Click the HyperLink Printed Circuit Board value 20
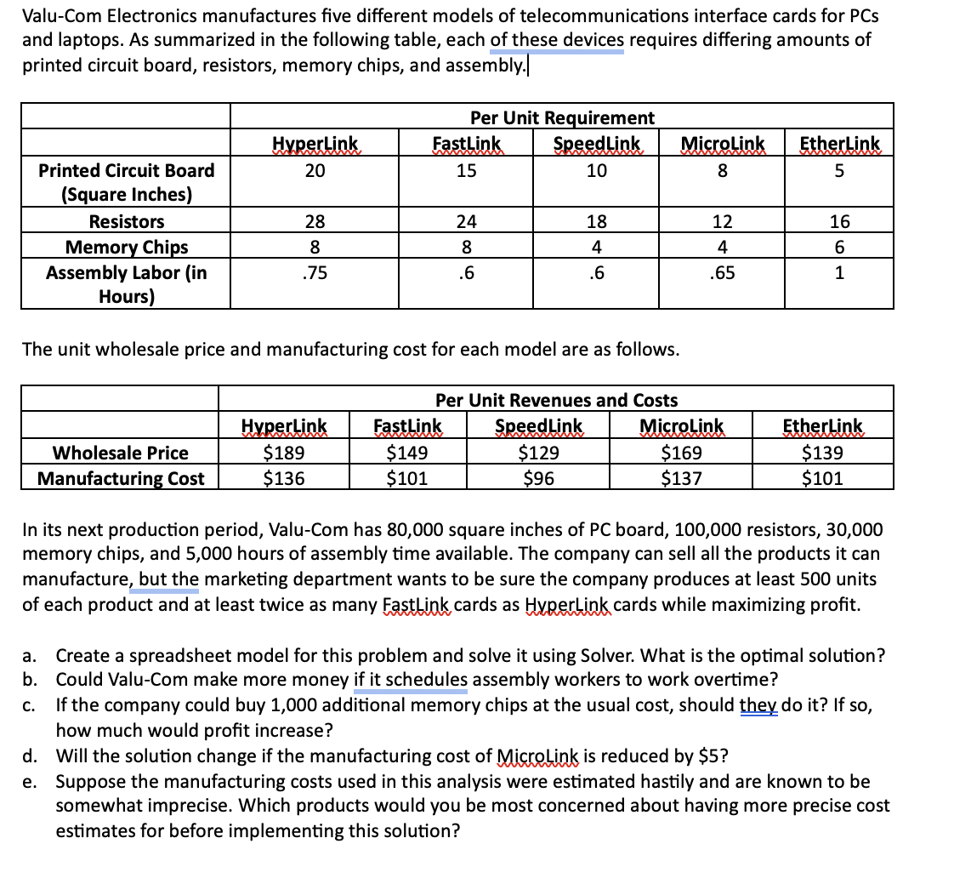coord(315,170)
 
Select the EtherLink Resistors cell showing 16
coord(840,222)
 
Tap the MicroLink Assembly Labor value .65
coord(722,273)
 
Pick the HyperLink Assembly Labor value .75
coord(315,273)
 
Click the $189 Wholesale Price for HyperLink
coord(284,453)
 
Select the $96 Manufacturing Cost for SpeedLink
coord(538,478)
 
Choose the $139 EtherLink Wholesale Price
coord(822,453)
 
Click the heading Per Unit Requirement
coord(562,117)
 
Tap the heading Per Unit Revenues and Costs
coord(556,400)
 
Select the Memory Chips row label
coord(127,248)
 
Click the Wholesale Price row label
coord(120,453)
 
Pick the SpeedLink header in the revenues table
coord(538,425)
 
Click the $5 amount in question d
coord(709,756)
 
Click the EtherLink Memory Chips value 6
coord(840,248)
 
